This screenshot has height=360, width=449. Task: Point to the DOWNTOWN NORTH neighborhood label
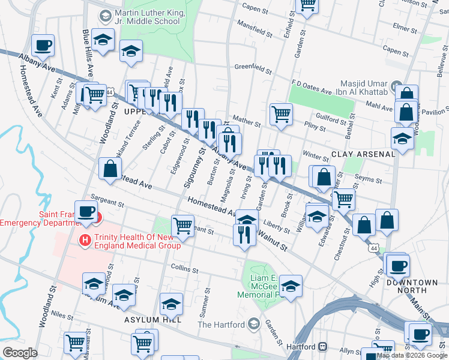tap(412, 286)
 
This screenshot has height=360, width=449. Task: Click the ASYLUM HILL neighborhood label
tap(149, 320)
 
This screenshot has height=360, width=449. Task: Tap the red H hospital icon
tap(85, 240)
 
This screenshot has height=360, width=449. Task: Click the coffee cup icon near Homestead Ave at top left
tap(43, 45)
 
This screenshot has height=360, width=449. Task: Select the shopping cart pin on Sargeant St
tap(182, 226)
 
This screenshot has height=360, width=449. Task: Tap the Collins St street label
tap(184, 268)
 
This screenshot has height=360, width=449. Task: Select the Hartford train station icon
tap(323, 347)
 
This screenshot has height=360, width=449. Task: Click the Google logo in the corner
tap(19, 353)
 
